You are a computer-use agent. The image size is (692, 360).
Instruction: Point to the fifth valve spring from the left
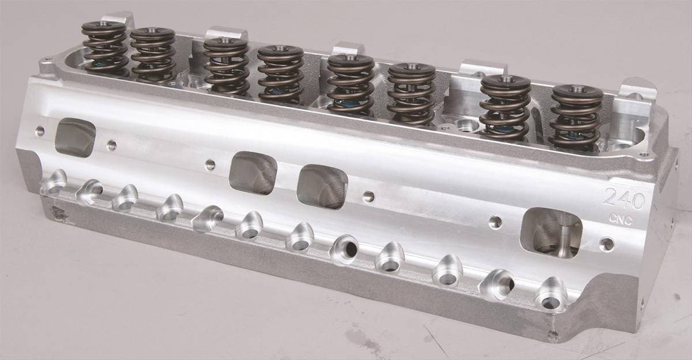pyautogui.click(x=351, y=84)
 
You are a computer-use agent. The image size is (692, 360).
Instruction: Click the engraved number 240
pyautogui.click(x=625, y=198)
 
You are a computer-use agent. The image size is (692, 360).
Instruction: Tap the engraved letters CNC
pyautogui.click(x=621, y=220)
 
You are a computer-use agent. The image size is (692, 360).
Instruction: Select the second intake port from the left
pyautogui.click(x=253, y=173)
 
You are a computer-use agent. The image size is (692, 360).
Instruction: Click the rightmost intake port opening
pyautogui.click(x=551, y=233)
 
